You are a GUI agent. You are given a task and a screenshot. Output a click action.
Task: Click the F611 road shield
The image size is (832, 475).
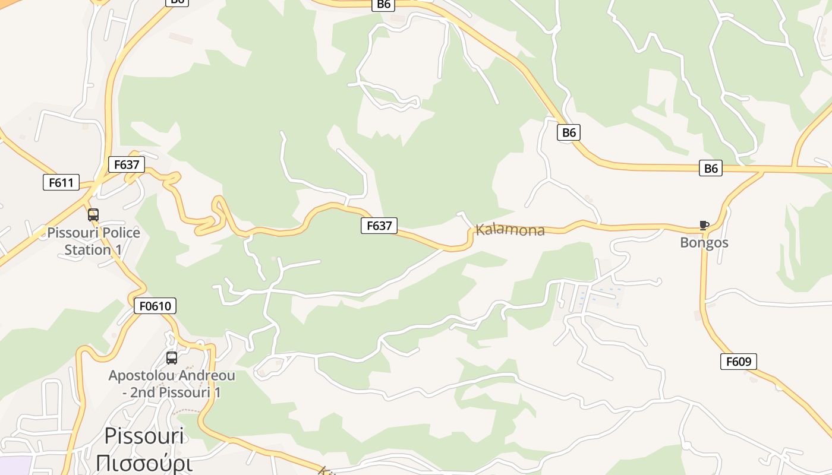[61, 182]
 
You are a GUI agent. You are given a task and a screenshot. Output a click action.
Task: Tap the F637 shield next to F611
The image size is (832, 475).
[127, 164]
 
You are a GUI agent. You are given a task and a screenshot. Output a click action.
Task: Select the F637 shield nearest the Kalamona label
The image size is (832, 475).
[379, 226]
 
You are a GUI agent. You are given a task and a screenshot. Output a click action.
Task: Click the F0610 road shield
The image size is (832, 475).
[155, 306]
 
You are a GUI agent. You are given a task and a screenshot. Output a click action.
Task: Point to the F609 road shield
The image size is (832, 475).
[739, 361]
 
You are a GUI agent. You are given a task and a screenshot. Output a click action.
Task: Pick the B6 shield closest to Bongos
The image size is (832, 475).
[711, 168]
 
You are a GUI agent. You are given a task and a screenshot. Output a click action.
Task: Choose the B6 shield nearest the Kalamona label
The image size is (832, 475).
[569, 132]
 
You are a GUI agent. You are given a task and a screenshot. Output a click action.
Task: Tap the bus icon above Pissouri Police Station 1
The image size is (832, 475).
[93, 215]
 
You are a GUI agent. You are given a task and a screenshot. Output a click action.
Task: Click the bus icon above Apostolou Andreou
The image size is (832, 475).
[172, 358]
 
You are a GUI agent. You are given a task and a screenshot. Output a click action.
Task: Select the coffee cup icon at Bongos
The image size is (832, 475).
[704, 226]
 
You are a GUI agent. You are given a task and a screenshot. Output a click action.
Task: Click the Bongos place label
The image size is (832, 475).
[704, 242]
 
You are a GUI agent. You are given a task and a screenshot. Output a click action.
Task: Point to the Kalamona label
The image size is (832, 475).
[510, 230]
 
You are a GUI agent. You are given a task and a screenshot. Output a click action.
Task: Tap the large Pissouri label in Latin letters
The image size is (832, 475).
[144, 436]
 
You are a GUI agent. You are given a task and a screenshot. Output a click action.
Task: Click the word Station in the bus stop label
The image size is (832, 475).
[87, 250]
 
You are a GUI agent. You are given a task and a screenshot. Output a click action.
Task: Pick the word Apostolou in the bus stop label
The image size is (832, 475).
[138, 376]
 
